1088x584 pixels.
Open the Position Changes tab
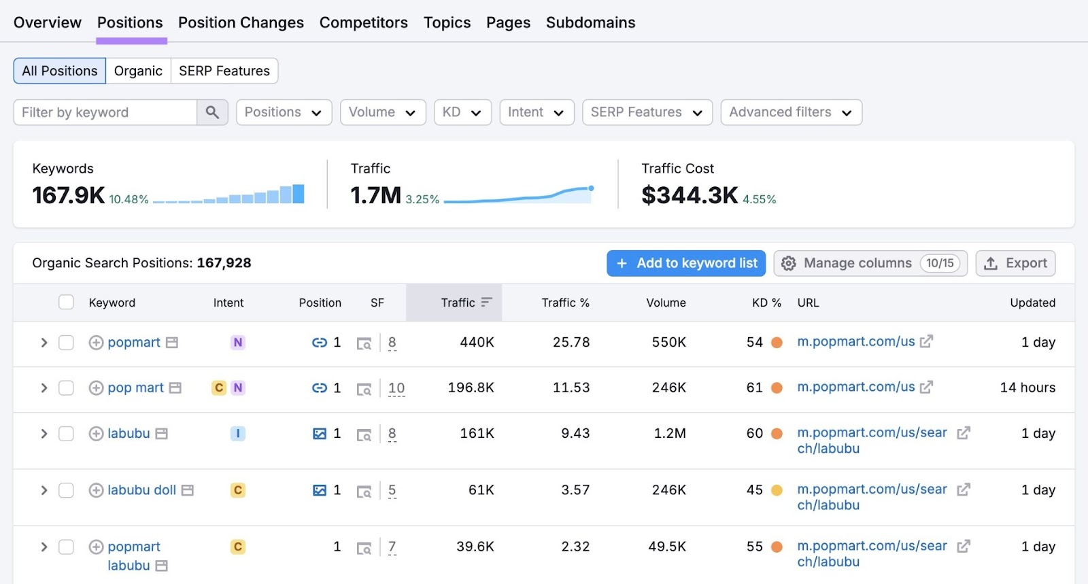241,22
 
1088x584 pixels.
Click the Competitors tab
363,22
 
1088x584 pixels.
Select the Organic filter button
138,71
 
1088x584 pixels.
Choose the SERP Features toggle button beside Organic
224,71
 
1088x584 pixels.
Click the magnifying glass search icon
212,112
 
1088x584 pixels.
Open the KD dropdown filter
462,112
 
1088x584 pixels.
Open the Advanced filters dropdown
790,112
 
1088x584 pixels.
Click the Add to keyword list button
686,263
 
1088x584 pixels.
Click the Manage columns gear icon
788,263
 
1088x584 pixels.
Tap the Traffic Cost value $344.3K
689,196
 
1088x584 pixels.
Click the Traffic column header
458,303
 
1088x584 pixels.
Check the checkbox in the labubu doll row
66,490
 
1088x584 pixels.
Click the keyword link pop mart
135,388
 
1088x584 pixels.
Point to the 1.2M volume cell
669,433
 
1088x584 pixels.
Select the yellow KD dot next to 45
777,490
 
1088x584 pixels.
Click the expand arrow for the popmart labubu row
44,547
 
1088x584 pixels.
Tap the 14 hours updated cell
1027,388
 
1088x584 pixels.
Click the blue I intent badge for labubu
237,433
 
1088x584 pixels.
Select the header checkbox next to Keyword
66,303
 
